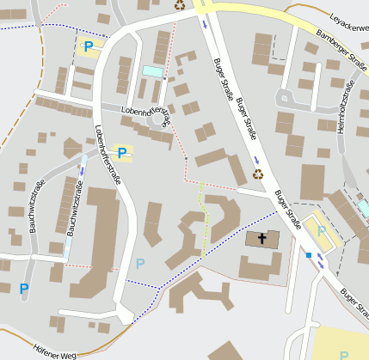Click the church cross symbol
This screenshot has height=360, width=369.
pyautogui.click(x=262, y=238)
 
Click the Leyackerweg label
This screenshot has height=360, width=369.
pyautogui.click(x=347, y=18)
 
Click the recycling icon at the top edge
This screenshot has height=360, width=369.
pyautogui.click(x=180, y=5)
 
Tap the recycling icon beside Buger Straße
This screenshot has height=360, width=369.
pyautogui.click(x=258, y=174)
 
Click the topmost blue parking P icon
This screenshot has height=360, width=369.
pyautogui.click(x=88, y=46)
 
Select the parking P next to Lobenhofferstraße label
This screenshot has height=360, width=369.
pyautogui.click(x=123, y=153)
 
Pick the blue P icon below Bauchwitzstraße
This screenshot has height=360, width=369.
pyautogui.click(x=23, y=289)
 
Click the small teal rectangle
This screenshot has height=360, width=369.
pyautogui.click(x=152, y=70)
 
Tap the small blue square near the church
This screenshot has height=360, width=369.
pyautogui.click(x=308, y=254)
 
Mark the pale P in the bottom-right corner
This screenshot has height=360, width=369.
pyautogui.click(x=345, y=354)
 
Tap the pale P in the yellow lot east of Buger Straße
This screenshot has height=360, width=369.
pyautogui.click(x=322, y=230)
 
